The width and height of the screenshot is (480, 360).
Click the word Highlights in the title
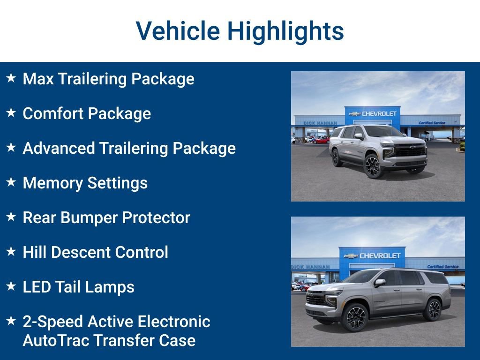[x=285, y=31]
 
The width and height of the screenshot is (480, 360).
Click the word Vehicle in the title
[x=178, y=31]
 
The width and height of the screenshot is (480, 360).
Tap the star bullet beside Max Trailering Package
[x=11, y=78]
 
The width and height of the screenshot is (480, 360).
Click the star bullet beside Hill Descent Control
[x=11, y=252]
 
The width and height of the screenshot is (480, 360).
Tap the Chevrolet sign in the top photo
[x=373, y=113]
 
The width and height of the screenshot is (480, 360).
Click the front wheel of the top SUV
[x=374, y=166]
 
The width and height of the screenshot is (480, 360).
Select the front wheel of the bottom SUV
[x=356, y=317]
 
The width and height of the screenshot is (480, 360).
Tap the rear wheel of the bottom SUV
[x=434, y=309]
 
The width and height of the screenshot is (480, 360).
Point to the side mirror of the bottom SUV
[x=379, y=283]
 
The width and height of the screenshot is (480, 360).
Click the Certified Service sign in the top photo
[x=432, y=123]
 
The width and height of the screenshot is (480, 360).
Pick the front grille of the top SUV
[x=411, y=150]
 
